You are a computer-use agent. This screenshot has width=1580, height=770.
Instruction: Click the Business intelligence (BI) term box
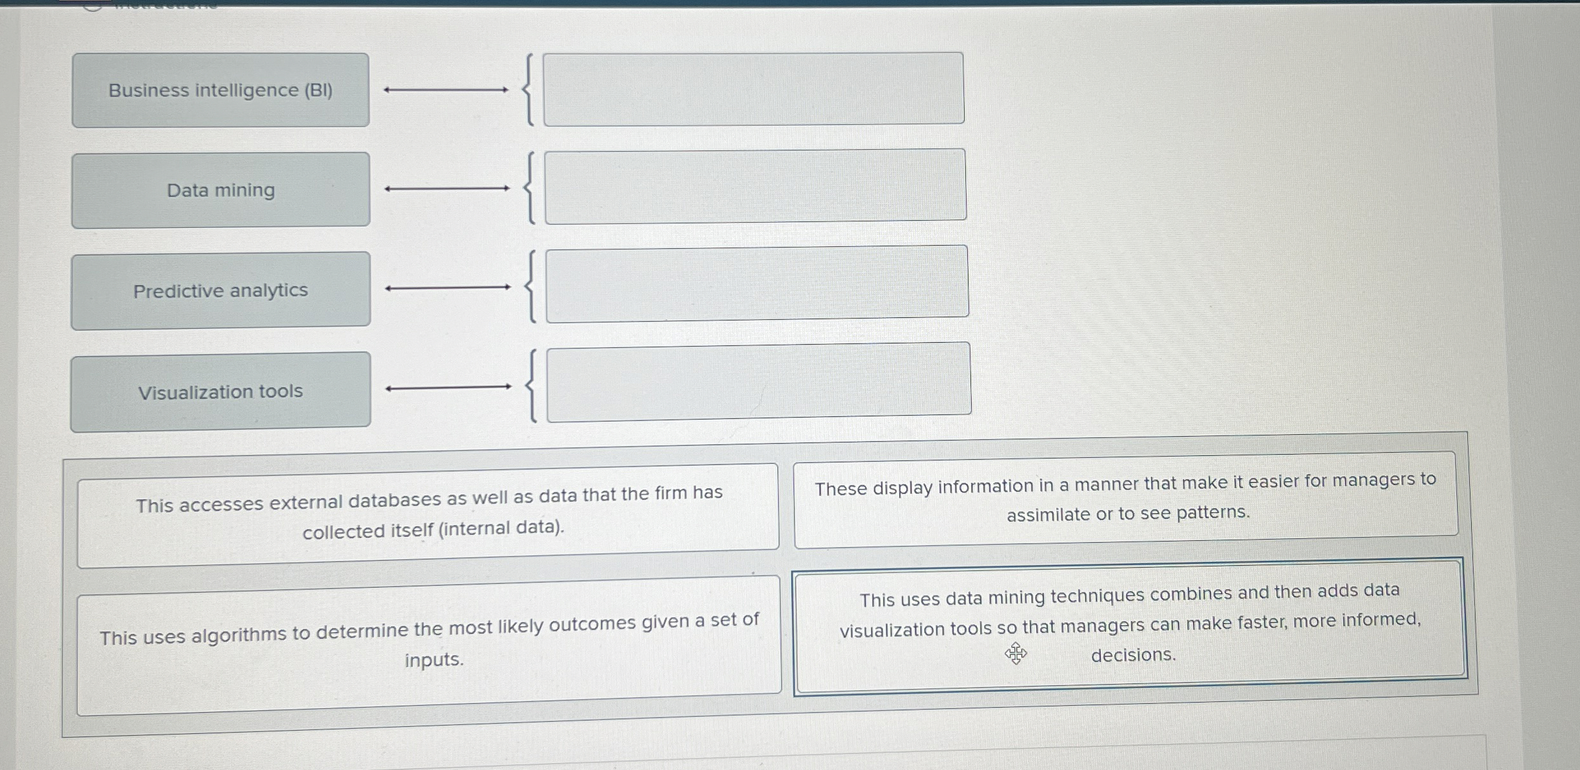pyautogui.click(x=220, y=90)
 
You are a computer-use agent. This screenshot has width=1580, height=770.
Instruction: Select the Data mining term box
pyautogui.click(x=220, y=190)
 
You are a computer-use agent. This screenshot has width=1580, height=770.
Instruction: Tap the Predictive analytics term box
pyautogui.click(x=220, y=291)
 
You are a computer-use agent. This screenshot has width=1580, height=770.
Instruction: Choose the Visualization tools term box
pyautogui.click(x=220, y=391)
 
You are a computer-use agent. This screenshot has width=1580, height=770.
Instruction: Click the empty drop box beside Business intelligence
pyautogui.click(x=753, y=89)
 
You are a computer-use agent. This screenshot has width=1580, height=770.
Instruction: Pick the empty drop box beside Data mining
pyautogui.click(x=755, y=186)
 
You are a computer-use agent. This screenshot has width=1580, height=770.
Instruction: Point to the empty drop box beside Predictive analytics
pyautogui.click(x=757, y=283)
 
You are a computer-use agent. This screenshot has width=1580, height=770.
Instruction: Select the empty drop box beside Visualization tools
pyautogui.click(x=758, y=381)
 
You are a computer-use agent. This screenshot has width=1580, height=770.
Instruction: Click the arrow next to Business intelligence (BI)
pyautogui.click(x=446, y=90)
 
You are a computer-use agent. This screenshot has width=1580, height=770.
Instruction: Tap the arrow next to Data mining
pyautogui.click(x=447, y=189)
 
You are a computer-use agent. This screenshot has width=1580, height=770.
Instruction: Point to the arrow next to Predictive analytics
pyautogui.click(x=448, y=288)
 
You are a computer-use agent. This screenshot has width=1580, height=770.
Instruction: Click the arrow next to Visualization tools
pyautogui.click(x=448, y=387)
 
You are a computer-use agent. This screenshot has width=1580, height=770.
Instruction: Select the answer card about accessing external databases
pyautogui.click(x=428, y=514)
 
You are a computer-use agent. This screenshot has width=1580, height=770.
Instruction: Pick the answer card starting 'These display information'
pyautogui.click(x=1125, y=498)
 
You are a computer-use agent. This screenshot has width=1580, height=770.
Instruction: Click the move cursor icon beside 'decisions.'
pyautogui.click(x=1015, y=654)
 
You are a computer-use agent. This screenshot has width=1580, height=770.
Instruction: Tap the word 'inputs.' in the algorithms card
pyautogui.click(x=434, y=659)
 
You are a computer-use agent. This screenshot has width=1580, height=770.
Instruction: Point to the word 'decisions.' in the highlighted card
pyautogui.click(x=1133, y=655)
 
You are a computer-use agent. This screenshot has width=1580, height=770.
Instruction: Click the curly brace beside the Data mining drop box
pyautogui.click(x=529, y=188)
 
